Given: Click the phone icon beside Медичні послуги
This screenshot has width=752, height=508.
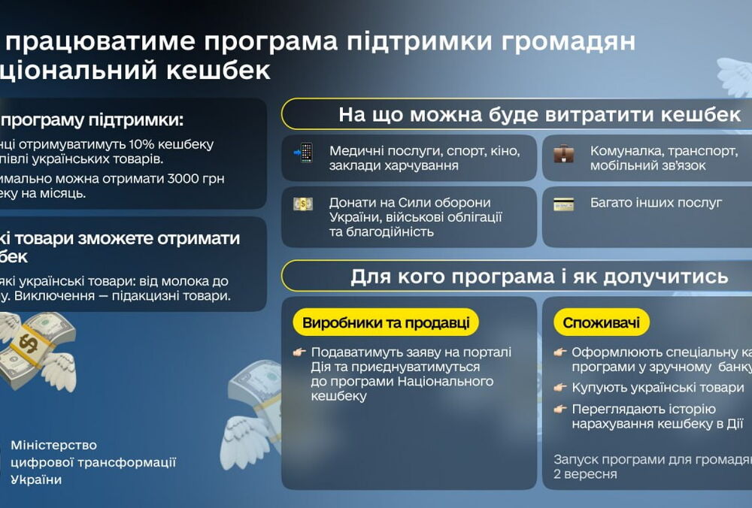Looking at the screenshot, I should point(304,153).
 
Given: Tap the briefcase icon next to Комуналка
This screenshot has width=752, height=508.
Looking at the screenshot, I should point(563,153).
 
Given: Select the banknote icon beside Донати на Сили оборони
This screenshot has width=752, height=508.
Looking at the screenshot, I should point(303,204).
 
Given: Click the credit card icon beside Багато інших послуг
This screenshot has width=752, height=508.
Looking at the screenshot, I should point(563,204).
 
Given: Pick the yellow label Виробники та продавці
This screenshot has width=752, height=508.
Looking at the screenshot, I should point(386,323).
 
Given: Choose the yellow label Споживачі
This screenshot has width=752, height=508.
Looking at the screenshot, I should point(602,323).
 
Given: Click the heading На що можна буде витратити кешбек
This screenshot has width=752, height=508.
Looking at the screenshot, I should point(539,115).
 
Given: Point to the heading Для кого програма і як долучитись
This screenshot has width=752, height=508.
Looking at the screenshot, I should point(539,277).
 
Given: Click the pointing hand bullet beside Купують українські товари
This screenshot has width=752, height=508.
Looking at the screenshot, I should point(559,388).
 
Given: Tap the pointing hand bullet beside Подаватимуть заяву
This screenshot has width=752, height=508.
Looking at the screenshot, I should point(299,352).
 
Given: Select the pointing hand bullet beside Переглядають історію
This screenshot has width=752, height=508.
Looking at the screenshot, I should point(559,410).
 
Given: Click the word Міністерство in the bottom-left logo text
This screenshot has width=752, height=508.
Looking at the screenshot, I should point(54,446).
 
